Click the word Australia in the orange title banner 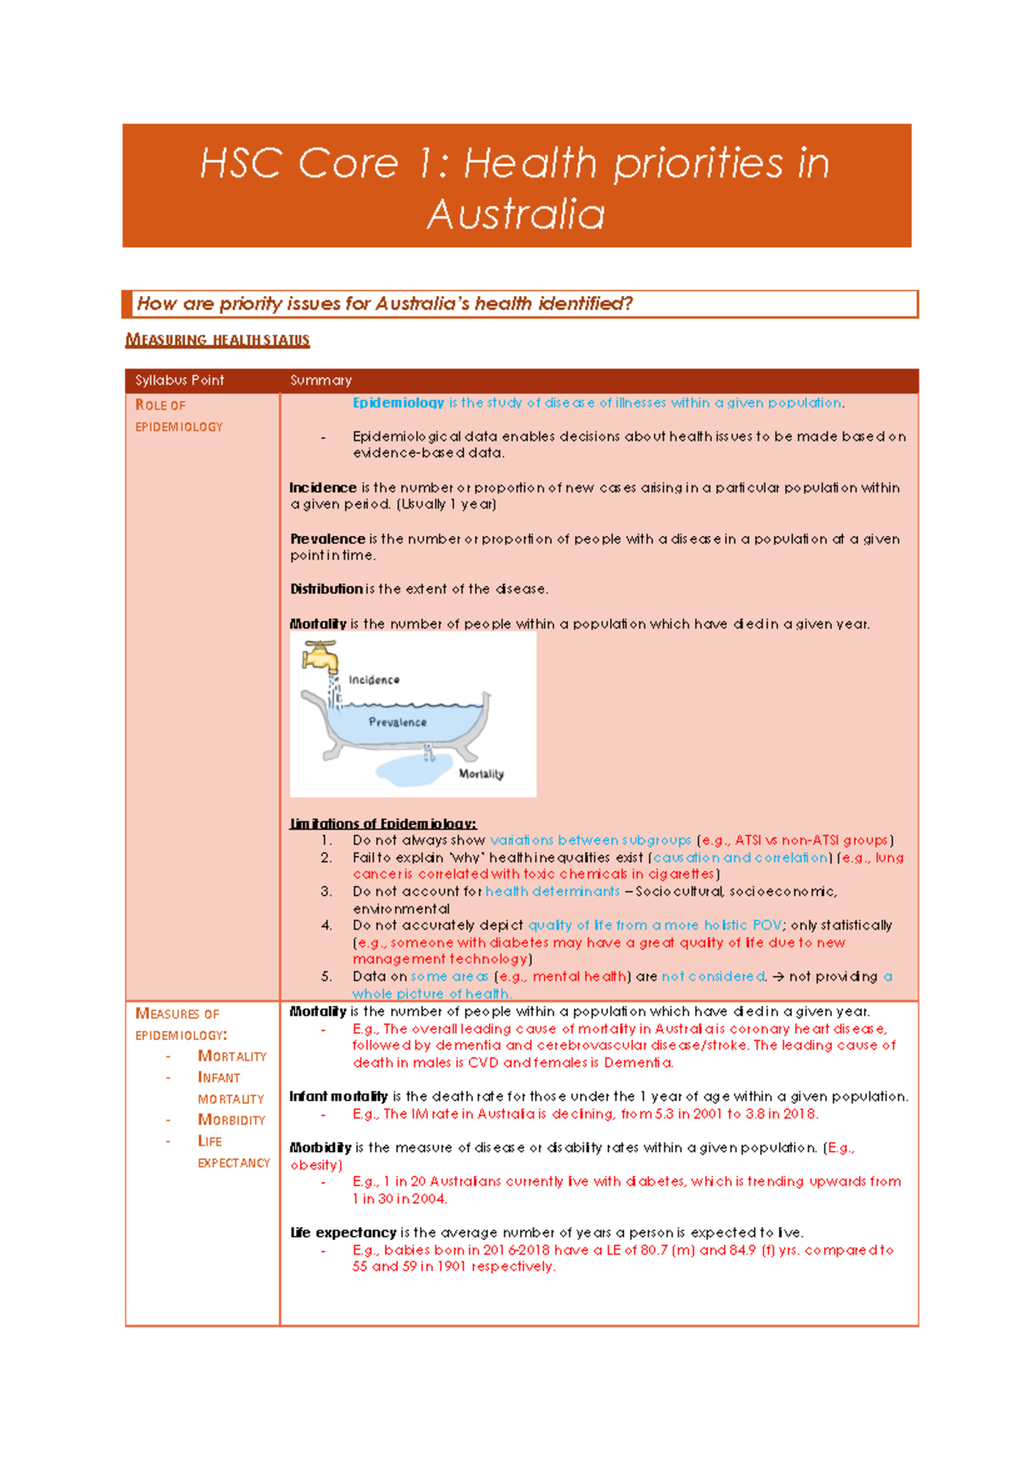tap(516, 214)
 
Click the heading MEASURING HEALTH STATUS tap(217, 340)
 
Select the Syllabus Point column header tap(179, 380)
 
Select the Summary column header tap(320, 380)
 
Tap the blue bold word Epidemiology tap(398, 403)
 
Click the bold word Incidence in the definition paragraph tap(323, 488)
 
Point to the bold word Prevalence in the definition tap(327, 539)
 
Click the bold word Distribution tap(325, 589)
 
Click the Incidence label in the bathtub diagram tap(374, 680)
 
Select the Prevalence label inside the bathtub tap(397, 722)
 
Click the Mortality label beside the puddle tap(480, 774)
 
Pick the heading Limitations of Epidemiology tap(382, 823)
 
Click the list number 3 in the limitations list tap(326, 891)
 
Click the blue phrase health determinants tap(552, 891)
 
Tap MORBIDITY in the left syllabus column tap(232, 1119)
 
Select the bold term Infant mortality tap(338, 1096)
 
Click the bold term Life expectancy tap(343, 1232)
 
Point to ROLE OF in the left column tap(160, 405)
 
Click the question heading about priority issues tap(385, 304)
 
